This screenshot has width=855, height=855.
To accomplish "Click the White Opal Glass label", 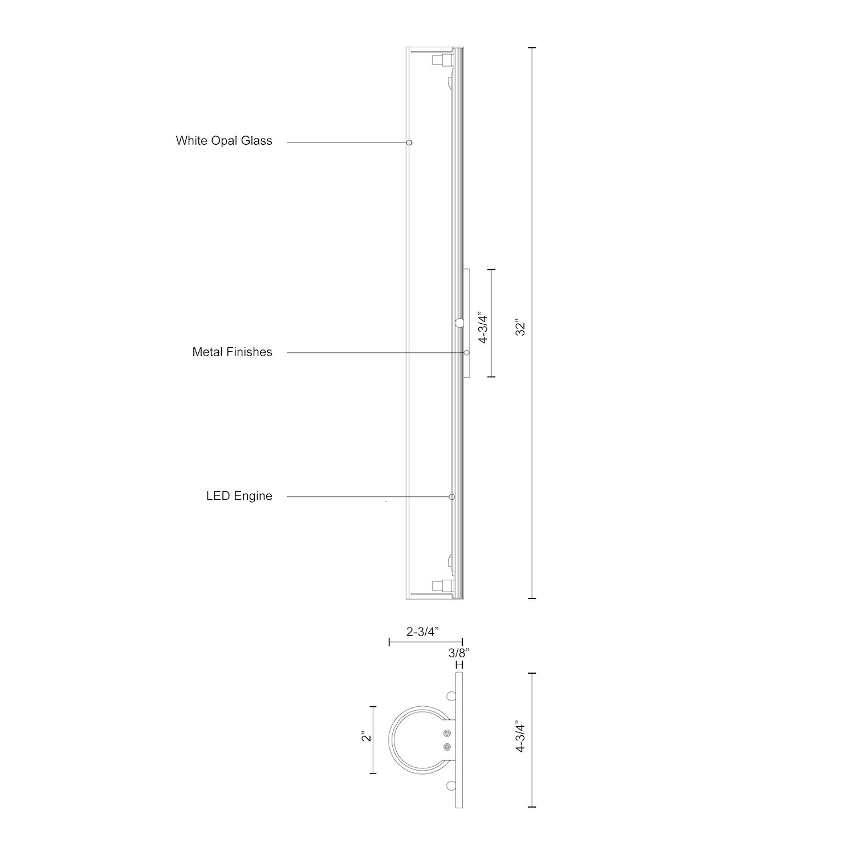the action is pos(224,141).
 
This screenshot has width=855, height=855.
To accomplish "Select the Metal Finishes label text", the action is pos(232,352).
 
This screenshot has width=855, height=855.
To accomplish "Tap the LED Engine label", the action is pos(239,496).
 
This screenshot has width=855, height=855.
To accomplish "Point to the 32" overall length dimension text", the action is pos(520,329).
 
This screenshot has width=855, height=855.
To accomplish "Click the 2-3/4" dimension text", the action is pos(425,632).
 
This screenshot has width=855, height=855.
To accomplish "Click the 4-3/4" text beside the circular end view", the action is pos(520,738).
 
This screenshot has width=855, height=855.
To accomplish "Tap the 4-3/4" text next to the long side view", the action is pos(484,326).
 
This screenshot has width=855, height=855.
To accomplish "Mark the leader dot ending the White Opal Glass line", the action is pos(409,142).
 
